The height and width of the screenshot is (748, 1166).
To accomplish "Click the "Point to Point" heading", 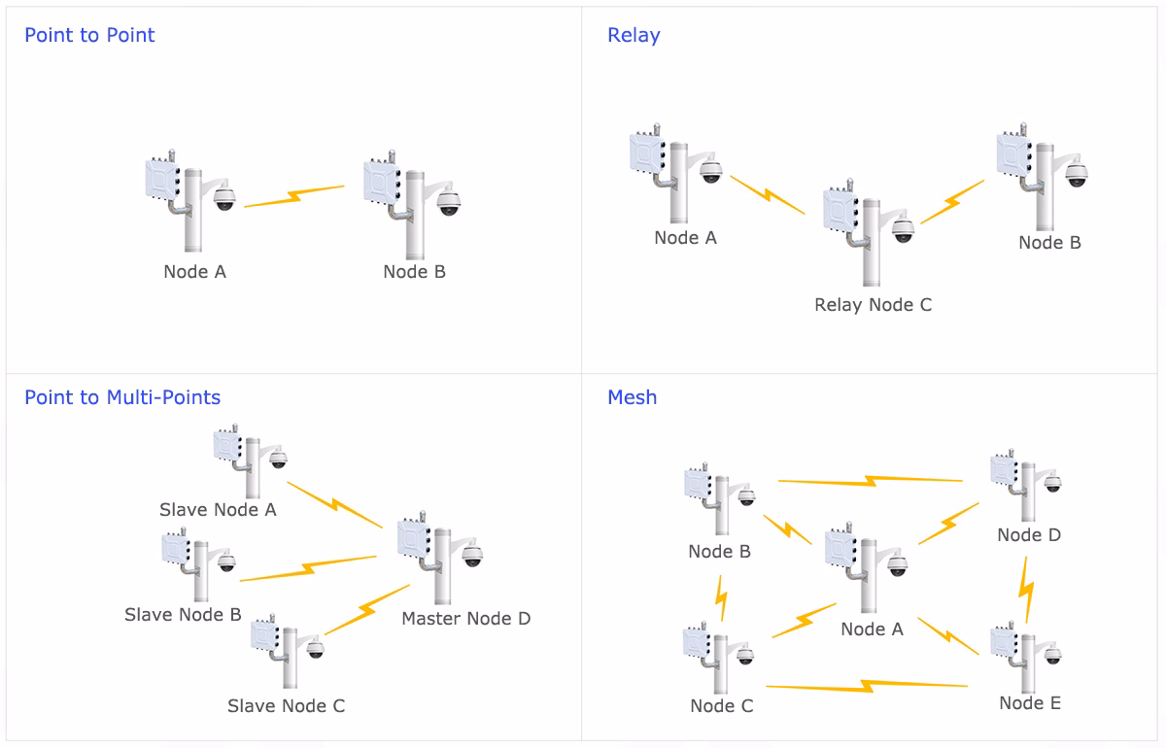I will [x=89, y=36].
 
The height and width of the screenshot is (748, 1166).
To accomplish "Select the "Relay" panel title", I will [x=634, y=36].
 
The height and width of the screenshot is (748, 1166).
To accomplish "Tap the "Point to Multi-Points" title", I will [x=122, y=397].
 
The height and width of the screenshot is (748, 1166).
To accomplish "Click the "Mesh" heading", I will [x=632, y=397].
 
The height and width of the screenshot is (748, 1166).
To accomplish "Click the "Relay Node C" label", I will [x=873, y=305].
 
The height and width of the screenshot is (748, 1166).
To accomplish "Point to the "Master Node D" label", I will [x=466, y=619].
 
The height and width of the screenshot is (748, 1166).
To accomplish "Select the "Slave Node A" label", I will [x=218, y=510].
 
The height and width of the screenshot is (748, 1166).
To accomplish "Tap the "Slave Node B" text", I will [x=183, y=615].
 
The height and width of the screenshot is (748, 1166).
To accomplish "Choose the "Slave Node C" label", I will [x=286, y=706].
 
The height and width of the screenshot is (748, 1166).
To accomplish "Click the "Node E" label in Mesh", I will [x=1030, y=703].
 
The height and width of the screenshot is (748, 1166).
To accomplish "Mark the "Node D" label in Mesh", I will [x=1029, y=535].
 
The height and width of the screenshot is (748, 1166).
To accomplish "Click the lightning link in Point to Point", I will [x=294, y=196].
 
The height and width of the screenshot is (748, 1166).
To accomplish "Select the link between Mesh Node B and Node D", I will [x=870, y=480].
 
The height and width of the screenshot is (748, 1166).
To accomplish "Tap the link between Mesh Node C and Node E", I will [x=867, y=687].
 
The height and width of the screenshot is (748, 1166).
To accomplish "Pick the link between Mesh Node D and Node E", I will [x=1026, y=589].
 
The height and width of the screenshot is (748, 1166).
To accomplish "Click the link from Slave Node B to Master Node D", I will [x=308, y=568].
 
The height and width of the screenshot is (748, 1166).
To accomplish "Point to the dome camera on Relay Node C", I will [x=904, y=230].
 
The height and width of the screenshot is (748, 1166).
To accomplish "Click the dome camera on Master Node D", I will [x=472, y=556].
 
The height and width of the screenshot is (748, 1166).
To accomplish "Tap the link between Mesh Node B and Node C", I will [x=721, y=597].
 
